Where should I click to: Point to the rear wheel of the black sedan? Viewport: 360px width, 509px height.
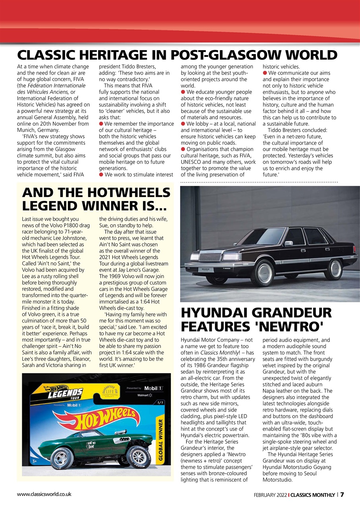pos(333,269)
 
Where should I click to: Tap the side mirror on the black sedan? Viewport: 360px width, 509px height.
pos(289,243)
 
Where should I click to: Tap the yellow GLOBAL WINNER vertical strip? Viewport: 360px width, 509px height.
pos(161,437)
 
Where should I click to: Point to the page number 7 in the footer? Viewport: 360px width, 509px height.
pos(342,495)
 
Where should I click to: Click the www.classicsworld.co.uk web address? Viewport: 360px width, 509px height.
pos(44,494)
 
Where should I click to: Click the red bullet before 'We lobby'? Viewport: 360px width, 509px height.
pos(183,124)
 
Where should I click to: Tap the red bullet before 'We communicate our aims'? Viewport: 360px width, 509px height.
pos(265,73)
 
